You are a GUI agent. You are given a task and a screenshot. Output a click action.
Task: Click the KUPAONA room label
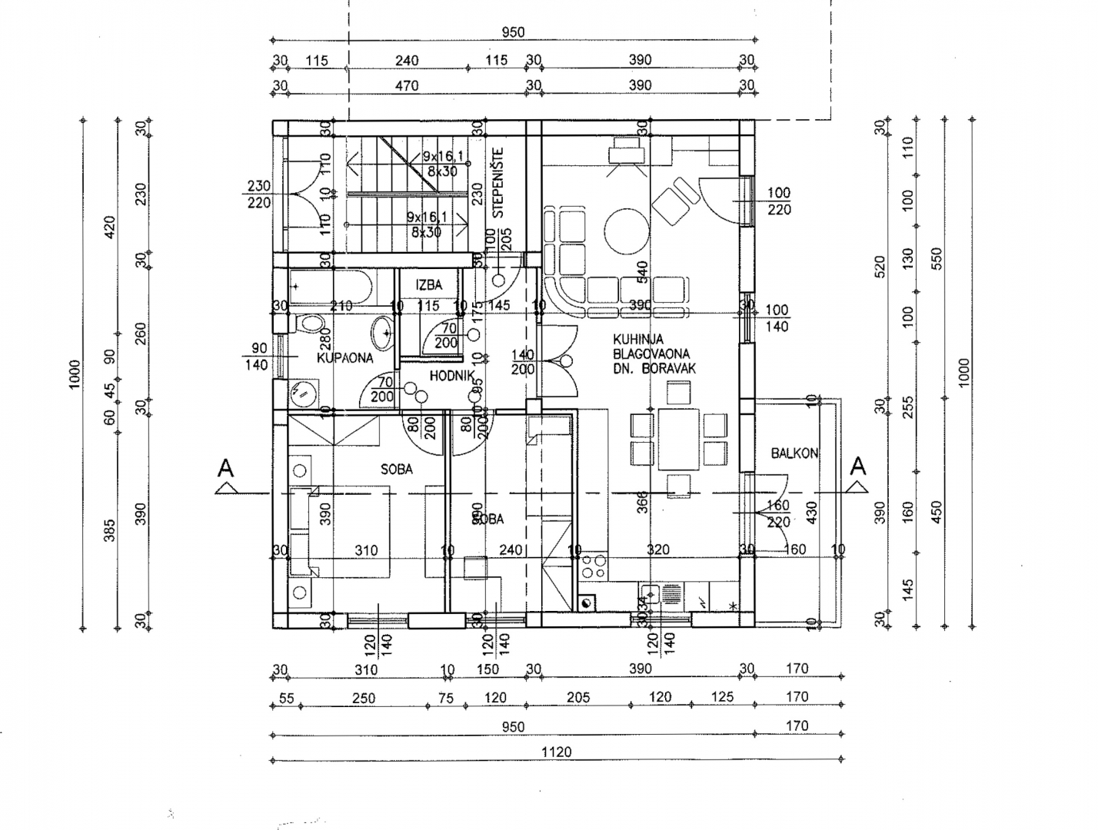point(345,358)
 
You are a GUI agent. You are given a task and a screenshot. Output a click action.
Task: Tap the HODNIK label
point(452,376)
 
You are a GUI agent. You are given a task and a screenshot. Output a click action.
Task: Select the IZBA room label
point(428,285)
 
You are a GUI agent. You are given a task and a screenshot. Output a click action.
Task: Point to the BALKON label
point(794,453)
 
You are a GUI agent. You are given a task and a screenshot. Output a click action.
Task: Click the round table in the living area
point(627,232)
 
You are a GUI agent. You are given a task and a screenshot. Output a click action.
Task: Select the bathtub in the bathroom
point(332,287)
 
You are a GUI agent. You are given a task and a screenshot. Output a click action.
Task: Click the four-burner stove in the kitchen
point(593,567)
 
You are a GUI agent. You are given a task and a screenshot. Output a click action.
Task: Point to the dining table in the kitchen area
point(678,439)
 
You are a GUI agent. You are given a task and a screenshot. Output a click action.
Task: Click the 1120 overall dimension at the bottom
point(557,752)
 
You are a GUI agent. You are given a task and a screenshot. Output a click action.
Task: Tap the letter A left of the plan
point(225,467)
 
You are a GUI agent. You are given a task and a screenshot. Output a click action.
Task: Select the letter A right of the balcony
point(858,466)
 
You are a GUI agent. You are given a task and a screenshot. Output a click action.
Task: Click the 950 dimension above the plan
point(513,32)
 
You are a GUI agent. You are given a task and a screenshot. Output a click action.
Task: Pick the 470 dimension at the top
point(407,85)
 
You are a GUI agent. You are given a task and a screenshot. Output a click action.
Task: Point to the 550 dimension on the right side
point(936,259)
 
